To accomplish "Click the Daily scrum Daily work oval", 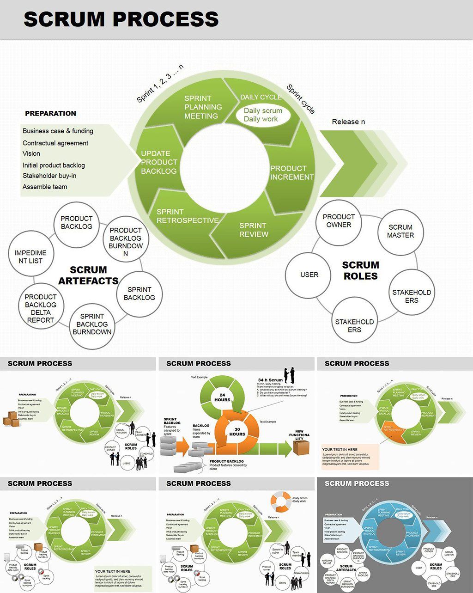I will tap(263, 115).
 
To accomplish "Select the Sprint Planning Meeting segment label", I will tap(203, 107).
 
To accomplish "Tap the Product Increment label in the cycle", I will tap(291, 172).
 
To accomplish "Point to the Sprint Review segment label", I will tap(253, 230).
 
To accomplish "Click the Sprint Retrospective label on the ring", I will tap(187, 216).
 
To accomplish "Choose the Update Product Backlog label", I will tap(159, 162).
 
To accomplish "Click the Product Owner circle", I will tap(339, 221).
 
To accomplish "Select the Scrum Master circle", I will tap(400, 231).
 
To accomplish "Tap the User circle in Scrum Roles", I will tap(309, 275).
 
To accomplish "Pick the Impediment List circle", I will tap(30, 257).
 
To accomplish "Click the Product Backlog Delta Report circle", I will tap(41, 308).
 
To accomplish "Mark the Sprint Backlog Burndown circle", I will tap(92, 324).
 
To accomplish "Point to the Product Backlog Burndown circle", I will tap(126, 242).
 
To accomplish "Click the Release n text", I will tap(348, 122).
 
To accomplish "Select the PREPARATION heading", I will tap(50, 113).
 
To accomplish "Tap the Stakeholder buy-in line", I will tap(49, 176).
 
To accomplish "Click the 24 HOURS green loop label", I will tap(222, 397).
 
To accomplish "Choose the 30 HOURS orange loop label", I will tap(237, 431).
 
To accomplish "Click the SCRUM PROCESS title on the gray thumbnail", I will tap(357, 483).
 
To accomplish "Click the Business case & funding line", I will tap(58, 131).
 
